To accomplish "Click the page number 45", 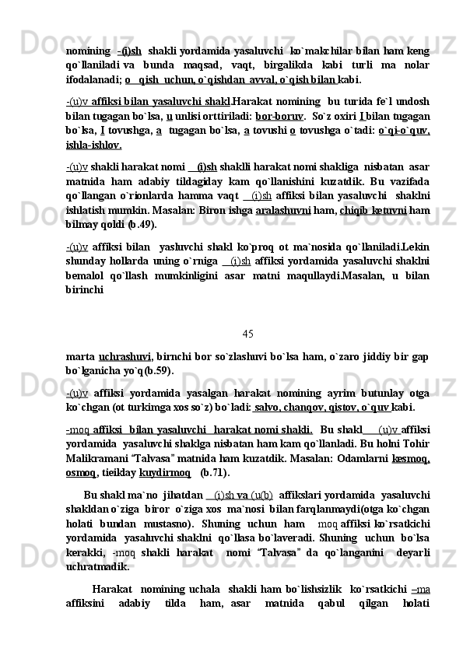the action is point(247,312).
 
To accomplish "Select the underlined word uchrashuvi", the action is point(124,336).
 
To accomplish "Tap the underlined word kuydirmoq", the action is point(166,472).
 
